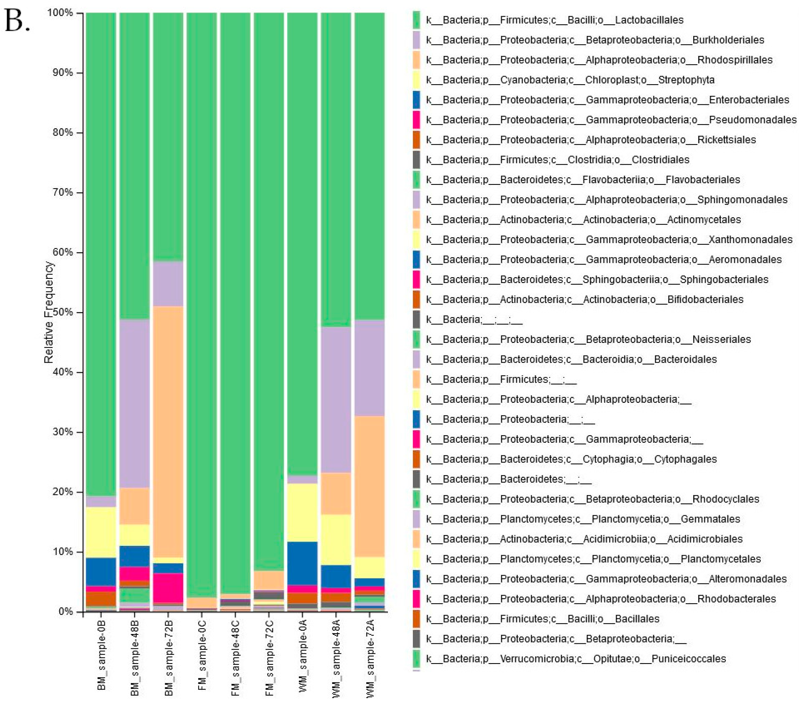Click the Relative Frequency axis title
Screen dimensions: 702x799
click(x=49, y=312)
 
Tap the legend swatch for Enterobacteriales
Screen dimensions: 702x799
click(x=416, y=100)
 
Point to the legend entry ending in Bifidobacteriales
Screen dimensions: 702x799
click(x=584, y=300)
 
